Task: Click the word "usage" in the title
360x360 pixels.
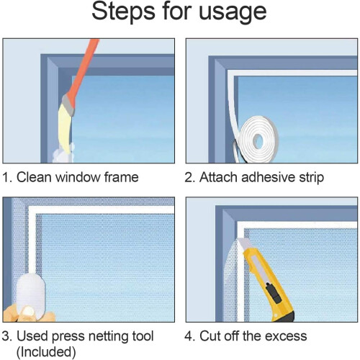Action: (233, 12)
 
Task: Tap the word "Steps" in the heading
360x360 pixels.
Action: (123, 12)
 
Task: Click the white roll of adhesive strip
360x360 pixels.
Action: (258, 139)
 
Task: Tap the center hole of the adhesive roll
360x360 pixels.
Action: (258, 140)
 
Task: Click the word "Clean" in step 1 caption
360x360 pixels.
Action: (34, 177)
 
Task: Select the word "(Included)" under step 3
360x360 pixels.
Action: (46, 352)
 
